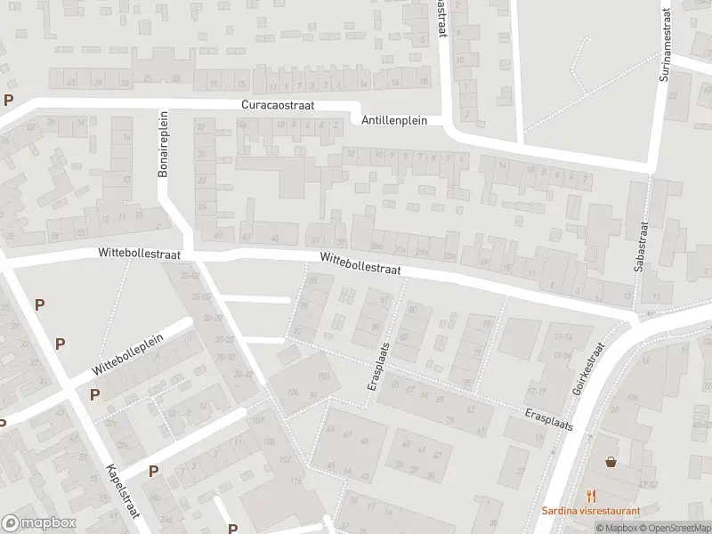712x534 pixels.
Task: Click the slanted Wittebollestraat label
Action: click(360, 263)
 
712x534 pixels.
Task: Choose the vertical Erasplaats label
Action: click(378, 367)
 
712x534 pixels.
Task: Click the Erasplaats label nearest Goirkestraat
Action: click(548, 421)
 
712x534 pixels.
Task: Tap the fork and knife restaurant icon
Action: click(590, 496)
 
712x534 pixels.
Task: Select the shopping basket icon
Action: click(611, 462)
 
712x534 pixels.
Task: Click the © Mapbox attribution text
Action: click(617, 529)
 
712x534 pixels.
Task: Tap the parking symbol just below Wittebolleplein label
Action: click(94, 394)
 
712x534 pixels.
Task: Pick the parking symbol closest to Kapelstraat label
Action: click(153, 471)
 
